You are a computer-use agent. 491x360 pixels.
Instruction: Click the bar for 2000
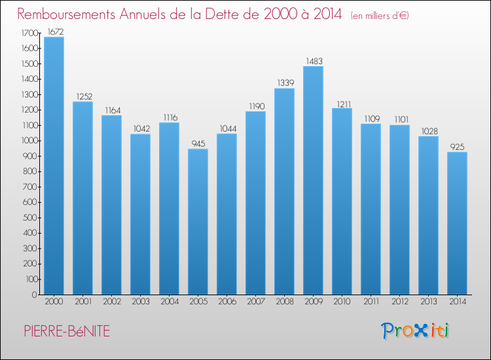[x=54, y=166]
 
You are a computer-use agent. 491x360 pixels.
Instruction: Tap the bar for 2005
[x=198, y=221]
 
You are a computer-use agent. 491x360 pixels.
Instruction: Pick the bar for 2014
[x=457, y=223]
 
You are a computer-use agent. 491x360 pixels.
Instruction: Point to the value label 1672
[x=54, y=31]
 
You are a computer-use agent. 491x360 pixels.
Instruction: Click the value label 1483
[x=313, y=60]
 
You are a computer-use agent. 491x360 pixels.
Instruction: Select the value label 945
[x=198, y=143]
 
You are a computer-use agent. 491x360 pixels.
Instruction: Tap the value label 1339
[x=284, y=82]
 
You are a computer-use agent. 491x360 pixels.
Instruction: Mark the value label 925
[x=457, y=146]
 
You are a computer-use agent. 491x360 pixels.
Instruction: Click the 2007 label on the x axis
[x=255, y=301]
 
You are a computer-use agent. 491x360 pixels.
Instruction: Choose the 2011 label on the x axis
[x=371, y=301]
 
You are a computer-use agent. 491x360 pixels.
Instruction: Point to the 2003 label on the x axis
[x=140, y=301]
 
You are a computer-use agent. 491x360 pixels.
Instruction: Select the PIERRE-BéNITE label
[x=64, y=331]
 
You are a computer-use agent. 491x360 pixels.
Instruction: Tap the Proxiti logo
[x=415, y=331]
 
